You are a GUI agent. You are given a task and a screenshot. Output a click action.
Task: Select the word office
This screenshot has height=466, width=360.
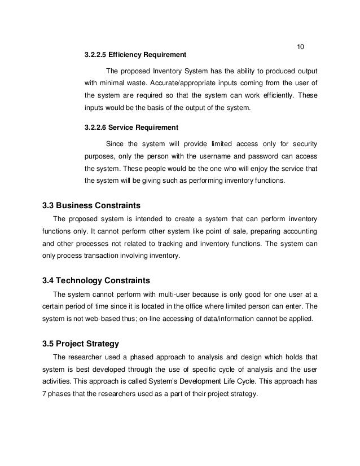220,306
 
